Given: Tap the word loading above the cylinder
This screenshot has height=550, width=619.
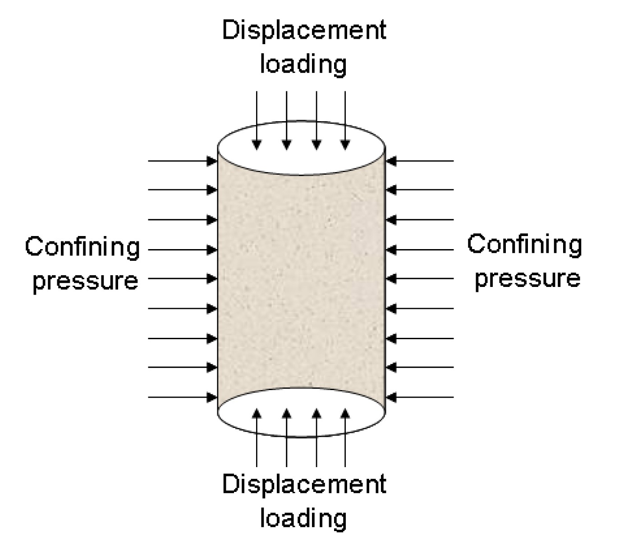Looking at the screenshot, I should (303, 64).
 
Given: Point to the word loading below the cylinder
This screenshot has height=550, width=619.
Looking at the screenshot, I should (303, 518).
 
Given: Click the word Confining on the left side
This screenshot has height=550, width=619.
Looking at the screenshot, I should (83, 248).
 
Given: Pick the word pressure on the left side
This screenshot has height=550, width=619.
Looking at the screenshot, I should (85, 281).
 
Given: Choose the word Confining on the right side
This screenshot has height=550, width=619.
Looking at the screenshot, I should (524, 245).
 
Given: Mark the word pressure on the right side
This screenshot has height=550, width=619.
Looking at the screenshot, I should (527, 278).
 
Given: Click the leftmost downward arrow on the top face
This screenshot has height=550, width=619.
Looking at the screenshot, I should (257, 120).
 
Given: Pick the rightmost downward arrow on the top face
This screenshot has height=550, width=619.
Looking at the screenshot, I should (345, 120).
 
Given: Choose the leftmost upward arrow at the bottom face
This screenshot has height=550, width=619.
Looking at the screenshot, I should (257, 437).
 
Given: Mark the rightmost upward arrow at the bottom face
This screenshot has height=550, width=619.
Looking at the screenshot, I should (345, 437).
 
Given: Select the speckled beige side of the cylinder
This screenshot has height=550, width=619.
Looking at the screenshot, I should (301, 279).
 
